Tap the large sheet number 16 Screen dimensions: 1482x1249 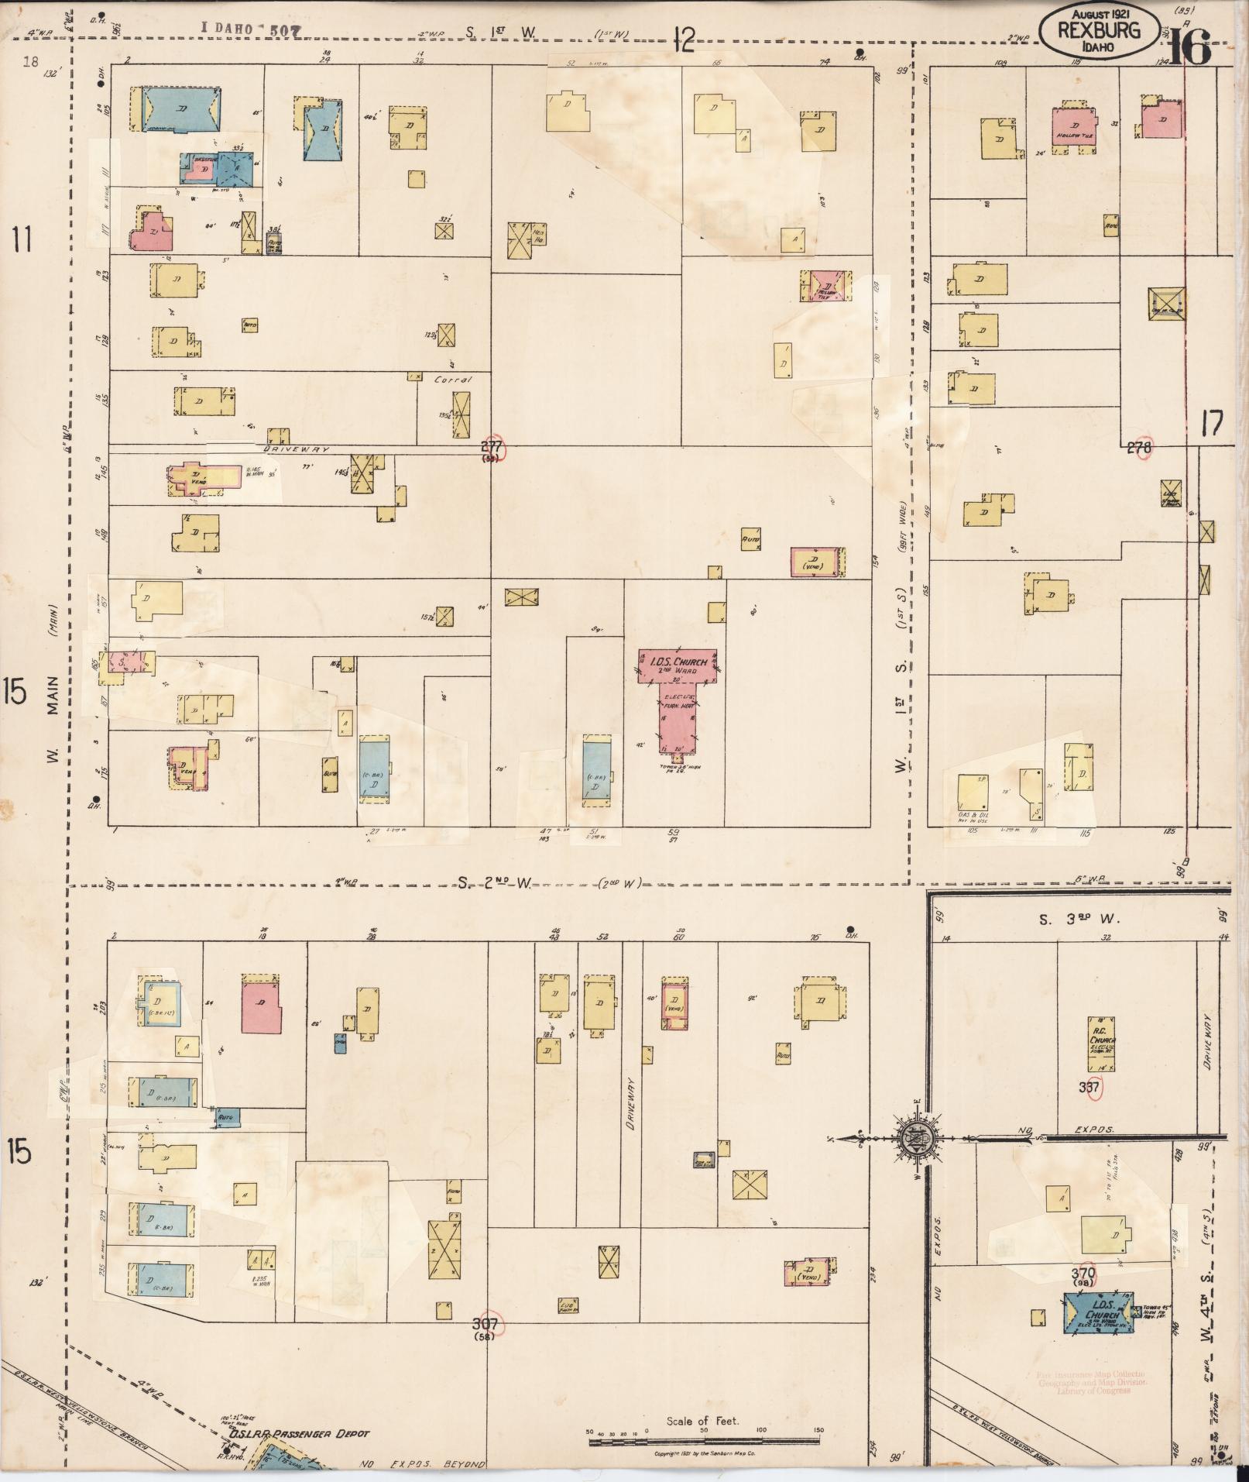[x=1189, y=50]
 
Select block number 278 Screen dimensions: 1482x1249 [x=1139, y=447]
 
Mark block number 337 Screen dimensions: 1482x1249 [x=1089, y=1087]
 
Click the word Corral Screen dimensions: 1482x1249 [x=452, y=380]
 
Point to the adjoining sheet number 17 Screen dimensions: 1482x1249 [x=1212, y=425]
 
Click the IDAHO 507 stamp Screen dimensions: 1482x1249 [x=251, y=29]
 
